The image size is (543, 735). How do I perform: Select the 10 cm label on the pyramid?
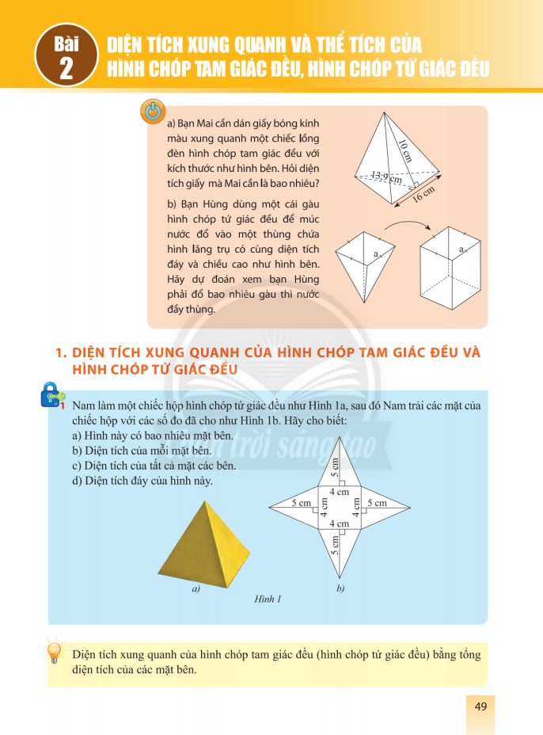click(x=405, y=148)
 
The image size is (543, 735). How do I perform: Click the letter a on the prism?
click(x=460, y=251)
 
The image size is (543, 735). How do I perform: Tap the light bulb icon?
click(x=55, y=653)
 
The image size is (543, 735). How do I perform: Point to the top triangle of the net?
click(x=338, y=467)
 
